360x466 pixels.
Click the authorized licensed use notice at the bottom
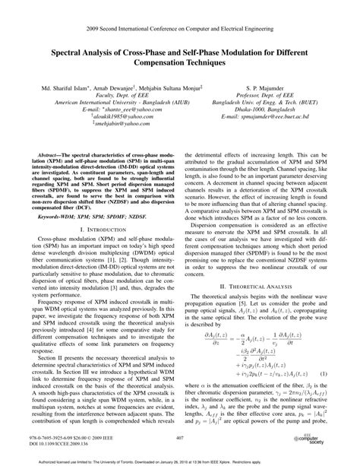tap(180, 461)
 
